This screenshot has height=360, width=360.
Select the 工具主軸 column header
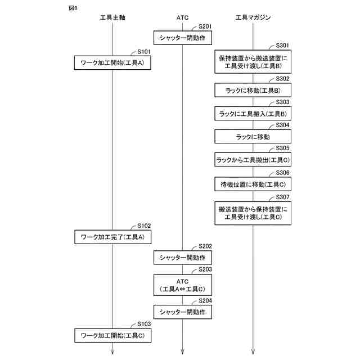pos(112,18)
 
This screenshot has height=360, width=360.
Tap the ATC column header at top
pos(183,18)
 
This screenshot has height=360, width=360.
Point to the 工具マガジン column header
pos(253,18)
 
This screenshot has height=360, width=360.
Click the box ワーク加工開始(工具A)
pos(112,62)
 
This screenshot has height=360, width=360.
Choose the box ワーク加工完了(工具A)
pos(112,237)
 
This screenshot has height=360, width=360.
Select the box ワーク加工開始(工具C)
pos(112,336)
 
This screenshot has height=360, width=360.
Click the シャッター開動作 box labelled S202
pos(183,258)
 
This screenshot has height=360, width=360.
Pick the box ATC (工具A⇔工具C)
pos(183,285)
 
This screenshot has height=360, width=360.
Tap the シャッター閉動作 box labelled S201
pos(183,38)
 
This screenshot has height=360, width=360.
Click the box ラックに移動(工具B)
pos(253,90)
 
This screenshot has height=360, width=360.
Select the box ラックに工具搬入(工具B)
pos(253,114)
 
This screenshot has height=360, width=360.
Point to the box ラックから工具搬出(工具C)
pos(253,160)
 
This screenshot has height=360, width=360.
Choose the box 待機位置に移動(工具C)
pos(253,184)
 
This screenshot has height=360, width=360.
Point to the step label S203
pos(205,269)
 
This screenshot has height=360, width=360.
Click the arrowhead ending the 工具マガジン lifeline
pos(253,353)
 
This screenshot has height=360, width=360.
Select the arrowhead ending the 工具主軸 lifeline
pos(112,353)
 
